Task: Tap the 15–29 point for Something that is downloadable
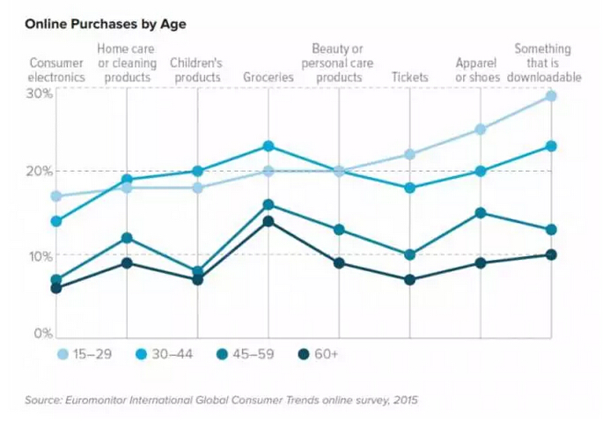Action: point(551,96)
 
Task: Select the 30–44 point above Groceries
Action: point(268,145)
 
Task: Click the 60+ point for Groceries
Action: point(268,221)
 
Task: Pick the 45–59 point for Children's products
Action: point(198,272)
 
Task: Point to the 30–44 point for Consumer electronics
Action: point(56,221)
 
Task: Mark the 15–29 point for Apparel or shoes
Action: point(481,129)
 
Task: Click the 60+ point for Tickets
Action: point(409,280)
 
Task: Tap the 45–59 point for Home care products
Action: point(127,238)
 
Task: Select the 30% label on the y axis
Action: point(38,92)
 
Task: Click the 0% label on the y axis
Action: point(41,334)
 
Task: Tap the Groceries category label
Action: point(268,77)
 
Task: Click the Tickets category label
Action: point(409,77)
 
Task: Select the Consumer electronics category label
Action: point(56,70)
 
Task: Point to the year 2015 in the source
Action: point(405,400)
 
